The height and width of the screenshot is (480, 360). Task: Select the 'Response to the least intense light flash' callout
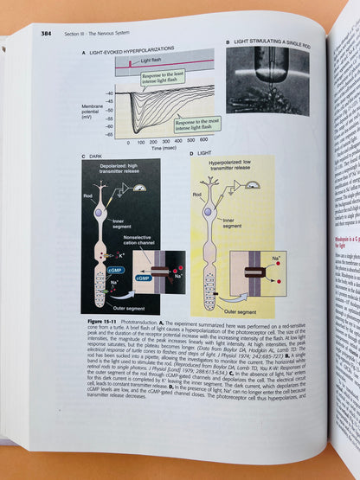[x=163, y=79]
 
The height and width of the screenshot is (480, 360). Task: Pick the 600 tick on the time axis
[x=202, y=140]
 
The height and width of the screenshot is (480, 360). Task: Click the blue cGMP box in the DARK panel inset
[x=142, y=278]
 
